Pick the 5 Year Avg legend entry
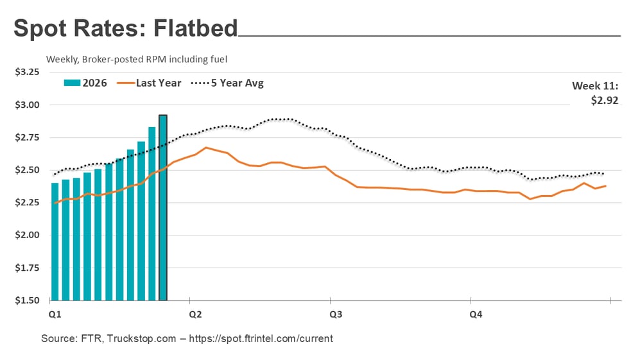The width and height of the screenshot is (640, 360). [x=227, y=83]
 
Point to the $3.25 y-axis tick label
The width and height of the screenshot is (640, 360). [x=27, y=73]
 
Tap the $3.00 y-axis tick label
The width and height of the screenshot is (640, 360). [x=27, y=105]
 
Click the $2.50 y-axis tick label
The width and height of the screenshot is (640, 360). [x=27, y=170]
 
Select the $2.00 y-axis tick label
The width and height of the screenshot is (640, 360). [x=27, y=235]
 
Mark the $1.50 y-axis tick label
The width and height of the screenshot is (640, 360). [x=27, y=300]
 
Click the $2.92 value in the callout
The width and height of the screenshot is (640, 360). [x=605, y=100]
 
